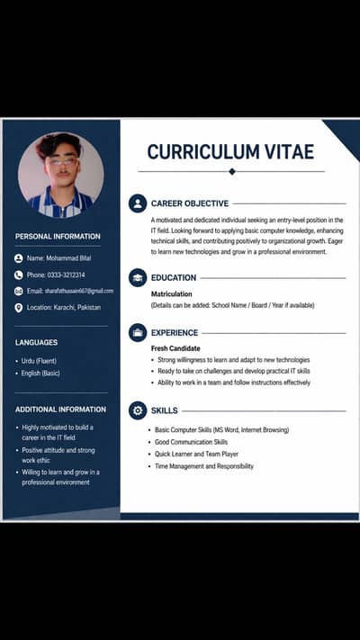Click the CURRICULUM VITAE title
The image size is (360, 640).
click(x=231, y=151)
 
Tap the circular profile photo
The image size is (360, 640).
click(x=60, y=175)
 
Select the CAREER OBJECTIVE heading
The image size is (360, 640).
click(x=190, y=203)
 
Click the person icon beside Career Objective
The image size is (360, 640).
click(x=138, y=203)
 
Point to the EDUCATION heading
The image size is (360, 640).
click(x=174, y=278)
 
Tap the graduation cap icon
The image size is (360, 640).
click(x=138, y=278)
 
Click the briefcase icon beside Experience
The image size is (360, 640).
click(x=138, y=332)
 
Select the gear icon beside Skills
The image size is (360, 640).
click(x=138, y=410)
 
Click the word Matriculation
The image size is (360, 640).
click(x=174, y=294)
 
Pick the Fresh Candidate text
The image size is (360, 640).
click(x=175, y=348)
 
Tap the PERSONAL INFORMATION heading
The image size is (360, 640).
click(x=58, y=237)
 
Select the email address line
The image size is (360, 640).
click(x=69, y=291)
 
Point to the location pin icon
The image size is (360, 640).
click(x=19, y=308)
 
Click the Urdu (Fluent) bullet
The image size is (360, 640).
click(x=39, y=361)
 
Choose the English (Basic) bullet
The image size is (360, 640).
click(x=40, y=373)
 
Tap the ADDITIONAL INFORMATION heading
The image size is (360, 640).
click(x=60, y=410)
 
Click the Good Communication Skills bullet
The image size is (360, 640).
click(x=191, y=442)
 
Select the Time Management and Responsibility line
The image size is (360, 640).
click(x=203, y=466)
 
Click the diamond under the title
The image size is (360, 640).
click(x=231, y=171)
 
